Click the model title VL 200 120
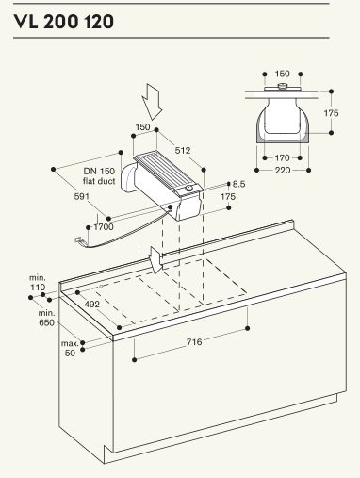(63, 22)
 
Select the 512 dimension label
(183, 150)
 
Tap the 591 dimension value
(82, 196)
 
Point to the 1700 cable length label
(104, 226)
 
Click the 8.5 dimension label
(239, 184)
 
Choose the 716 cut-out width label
(194, 341)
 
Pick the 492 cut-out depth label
(92, 305)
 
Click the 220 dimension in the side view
(283, 171)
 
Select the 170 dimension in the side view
(282, 157)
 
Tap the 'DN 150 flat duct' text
(99, 176)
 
